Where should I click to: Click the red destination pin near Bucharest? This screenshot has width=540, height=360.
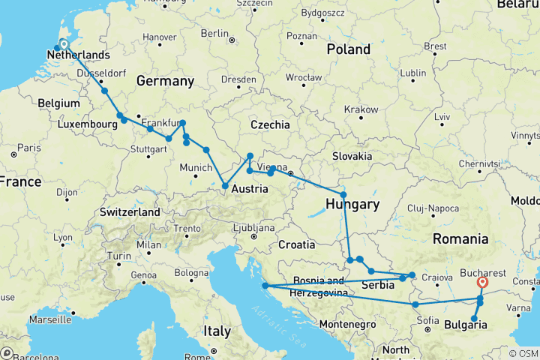click(481, 283)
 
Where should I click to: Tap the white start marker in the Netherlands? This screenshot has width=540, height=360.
click(63, 44)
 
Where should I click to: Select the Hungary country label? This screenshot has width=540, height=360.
click(353, 204)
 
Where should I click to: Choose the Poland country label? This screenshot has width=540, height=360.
click(348, 49)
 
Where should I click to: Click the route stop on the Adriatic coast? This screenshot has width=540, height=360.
click(265, 286)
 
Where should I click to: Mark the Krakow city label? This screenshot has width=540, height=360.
click(362, 109)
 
